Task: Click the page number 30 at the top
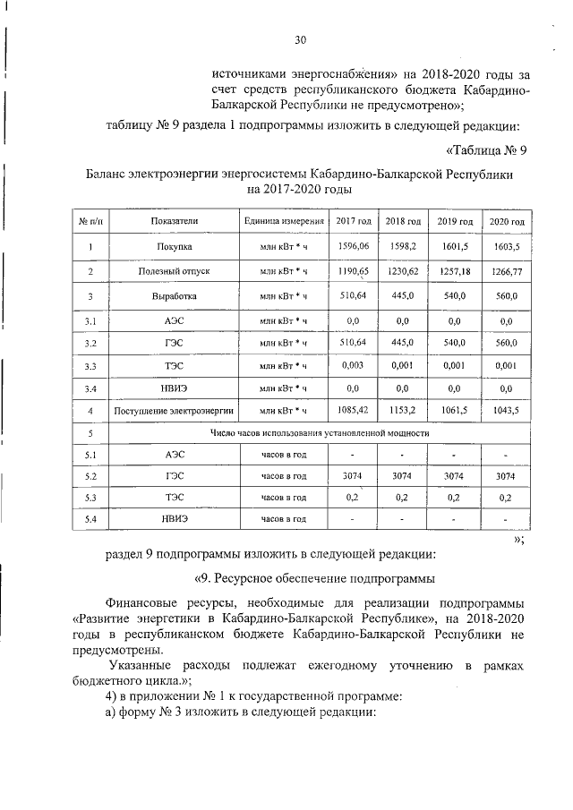coord(301,38)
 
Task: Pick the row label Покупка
coord(174,246)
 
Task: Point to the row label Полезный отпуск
coord(174,270)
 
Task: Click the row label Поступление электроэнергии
coord(174,411)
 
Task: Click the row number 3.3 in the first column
coord(90,366)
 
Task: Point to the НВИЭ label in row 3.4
coord(174,388)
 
